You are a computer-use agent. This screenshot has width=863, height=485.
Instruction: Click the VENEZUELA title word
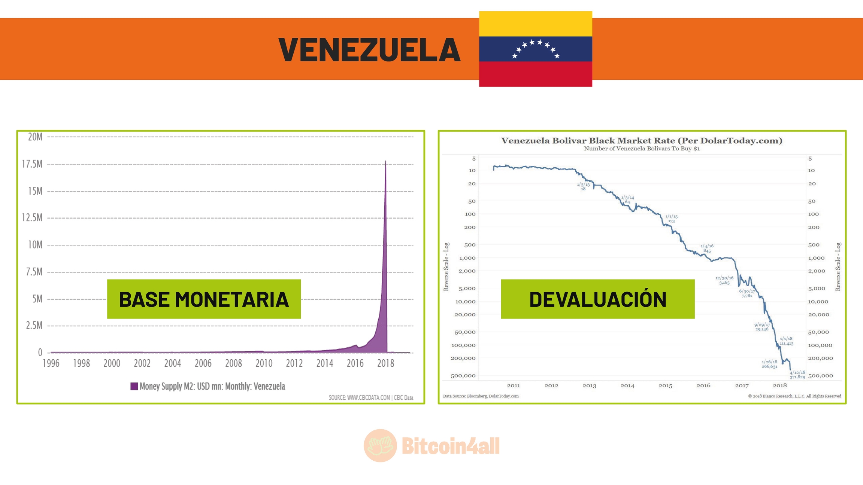tap(369, 50)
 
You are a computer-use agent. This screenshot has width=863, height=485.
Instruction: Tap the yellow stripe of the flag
tap(535, 24)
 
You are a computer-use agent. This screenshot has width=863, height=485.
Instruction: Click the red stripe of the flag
tap(535, 74)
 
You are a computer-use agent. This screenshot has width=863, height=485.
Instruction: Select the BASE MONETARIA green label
tap(204, 299)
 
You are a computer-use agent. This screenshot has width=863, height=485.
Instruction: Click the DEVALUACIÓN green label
tap(597, 299)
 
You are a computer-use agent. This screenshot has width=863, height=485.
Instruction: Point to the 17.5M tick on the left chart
tap(32, 164)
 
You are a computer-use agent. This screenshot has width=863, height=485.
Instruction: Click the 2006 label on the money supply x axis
tap(203, 363)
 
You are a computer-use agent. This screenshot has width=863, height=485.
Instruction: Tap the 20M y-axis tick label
tap(35, 137)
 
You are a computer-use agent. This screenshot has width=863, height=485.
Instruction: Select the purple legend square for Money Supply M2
tap(134, 387)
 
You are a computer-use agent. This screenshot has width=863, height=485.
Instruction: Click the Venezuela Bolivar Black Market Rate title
tap(642, 141)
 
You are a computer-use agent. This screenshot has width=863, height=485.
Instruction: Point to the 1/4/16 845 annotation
tap(707, 248)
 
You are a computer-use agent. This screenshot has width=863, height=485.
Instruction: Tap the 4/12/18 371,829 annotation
tap(797, 375)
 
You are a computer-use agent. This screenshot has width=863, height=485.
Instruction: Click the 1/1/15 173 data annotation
tap(671, 219)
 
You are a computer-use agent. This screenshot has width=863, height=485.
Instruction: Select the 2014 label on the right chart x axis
tap(627, 385)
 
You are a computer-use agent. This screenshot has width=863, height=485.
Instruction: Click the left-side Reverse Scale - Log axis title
tap(446, 266)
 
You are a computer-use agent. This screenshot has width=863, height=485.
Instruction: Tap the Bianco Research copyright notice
tap(794, 396)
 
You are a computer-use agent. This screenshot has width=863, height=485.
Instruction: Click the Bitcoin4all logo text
tap(451, 446)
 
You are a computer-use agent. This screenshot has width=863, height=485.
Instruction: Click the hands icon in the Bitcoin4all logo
tap(380, 446)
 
